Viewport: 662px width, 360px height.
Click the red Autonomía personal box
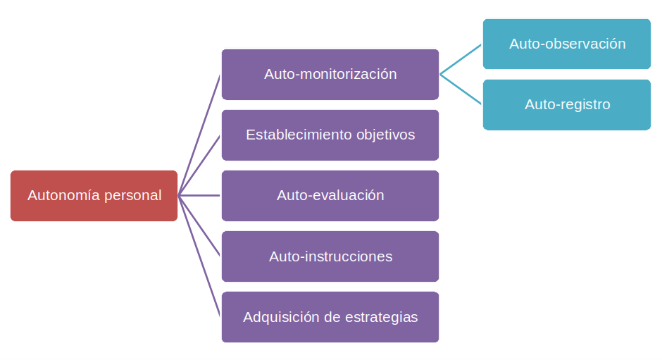(94, 196)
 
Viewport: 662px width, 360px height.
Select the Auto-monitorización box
(330, 74)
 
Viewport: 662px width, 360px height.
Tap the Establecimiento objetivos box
(330, 135)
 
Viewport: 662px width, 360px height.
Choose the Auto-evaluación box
(330, 195)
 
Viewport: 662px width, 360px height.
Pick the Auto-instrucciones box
(330, 256)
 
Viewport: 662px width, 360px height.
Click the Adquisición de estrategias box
(330, 317)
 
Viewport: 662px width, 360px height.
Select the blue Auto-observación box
(566, 44)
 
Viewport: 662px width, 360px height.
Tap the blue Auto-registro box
(566, 104)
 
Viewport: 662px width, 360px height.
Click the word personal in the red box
(132, 195)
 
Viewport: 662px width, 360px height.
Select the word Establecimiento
(299, 135)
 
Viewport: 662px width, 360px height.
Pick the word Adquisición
(279, 317)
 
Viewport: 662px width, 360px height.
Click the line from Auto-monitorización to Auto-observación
(461, 59)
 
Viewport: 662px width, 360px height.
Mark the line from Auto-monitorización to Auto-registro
(461, 89)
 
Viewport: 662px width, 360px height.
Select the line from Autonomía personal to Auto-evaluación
(200, 195)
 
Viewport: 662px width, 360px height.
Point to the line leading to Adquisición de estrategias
(200, 256)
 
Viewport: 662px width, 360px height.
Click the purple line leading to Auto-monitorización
(200, 135)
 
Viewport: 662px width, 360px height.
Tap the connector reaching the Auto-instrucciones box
(200, 226)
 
